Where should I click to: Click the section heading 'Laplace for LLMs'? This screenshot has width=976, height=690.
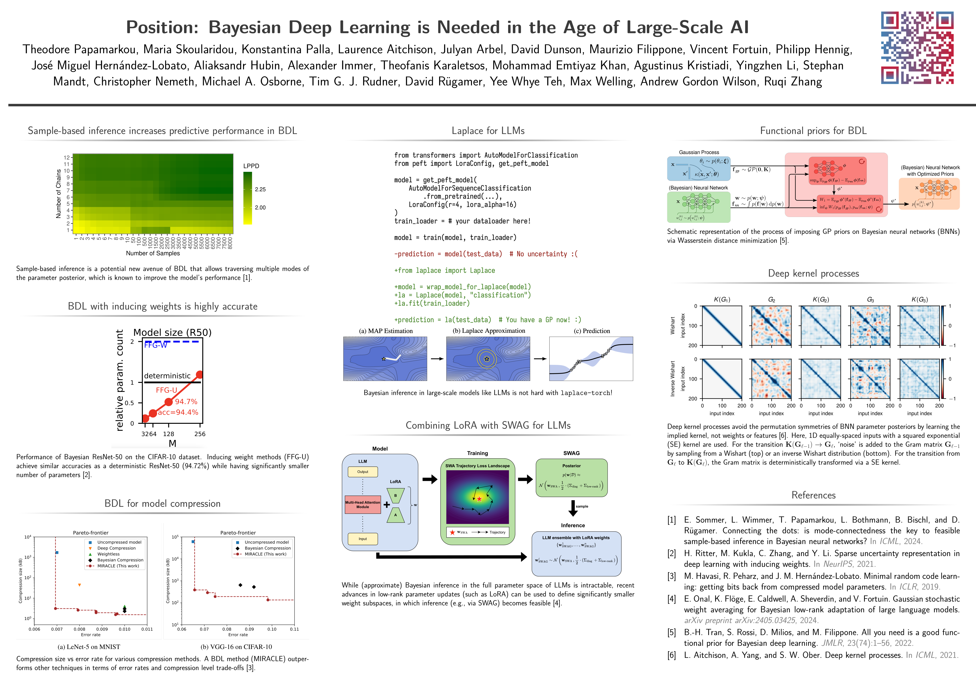click(488, 131)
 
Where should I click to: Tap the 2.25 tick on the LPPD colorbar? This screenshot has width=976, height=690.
click(260, 190)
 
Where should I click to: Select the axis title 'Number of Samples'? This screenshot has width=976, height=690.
click(153, 253)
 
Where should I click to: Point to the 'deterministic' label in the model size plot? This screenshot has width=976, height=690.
click(167, 376)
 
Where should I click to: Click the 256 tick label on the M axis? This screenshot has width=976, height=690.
click(200, 434)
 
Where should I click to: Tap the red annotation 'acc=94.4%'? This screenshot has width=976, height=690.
click(178, 412)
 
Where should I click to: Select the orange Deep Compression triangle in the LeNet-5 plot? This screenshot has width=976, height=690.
click(80, 585)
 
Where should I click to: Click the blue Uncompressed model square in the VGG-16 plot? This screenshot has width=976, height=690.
click(193, 542)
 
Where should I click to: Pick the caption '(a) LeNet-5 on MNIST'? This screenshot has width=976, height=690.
click(89, 647)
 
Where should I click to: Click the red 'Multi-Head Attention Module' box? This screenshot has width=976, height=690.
click(363, 504)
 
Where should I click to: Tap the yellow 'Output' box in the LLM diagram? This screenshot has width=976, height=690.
click(363, 471)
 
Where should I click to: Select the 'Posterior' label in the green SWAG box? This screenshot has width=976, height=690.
click(571, 466)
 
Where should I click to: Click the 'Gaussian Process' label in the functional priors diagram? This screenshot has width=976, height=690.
click(699, 152)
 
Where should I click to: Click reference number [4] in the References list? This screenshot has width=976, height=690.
click(672, 599)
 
